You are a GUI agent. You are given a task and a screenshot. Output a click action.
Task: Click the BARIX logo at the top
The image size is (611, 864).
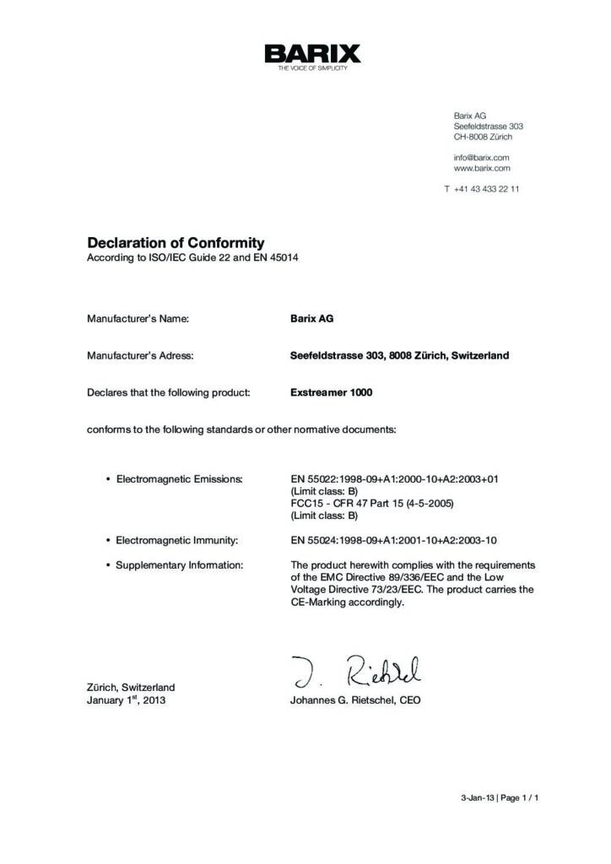(312, 54)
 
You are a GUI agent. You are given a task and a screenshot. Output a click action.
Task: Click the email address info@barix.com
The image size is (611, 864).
(481, 157)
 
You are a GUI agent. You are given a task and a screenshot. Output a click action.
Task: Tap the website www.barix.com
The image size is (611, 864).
(482, 168)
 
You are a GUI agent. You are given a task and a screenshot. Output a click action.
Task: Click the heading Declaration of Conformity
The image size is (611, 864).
(176, 243)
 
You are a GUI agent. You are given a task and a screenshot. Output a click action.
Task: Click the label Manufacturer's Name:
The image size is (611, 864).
(138, 319)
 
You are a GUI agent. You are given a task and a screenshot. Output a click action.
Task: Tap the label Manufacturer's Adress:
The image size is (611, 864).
(140, 355)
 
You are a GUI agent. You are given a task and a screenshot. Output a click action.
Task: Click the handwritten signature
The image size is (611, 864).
(358, 671)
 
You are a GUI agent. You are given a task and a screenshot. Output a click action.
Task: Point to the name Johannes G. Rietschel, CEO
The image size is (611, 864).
(354, 700)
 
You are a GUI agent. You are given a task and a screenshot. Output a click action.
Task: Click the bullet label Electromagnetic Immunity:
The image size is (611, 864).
(176, 538)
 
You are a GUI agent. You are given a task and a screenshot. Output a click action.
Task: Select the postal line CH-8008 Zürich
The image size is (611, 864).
(483, 137)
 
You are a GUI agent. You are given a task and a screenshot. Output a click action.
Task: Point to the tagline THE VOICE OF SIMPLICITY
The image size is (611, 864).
(312, 68)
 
